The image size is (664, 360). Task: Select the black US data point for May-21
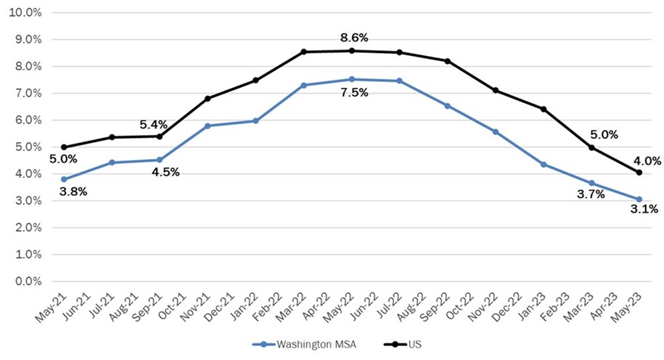click(64, 147)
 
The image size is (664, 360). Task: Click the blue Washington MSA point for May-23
click(639, 200)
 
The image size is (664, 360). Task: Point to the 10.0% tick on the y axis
click(25, 13)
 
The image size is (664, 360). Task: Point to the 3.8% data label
click(73, 192)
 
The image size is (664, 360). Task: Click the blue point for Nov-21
click(208, 126)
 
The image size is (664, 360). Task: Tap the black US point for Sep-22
click(447, 61)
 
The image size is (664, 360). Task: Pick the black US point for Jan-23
click(543, 110)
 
